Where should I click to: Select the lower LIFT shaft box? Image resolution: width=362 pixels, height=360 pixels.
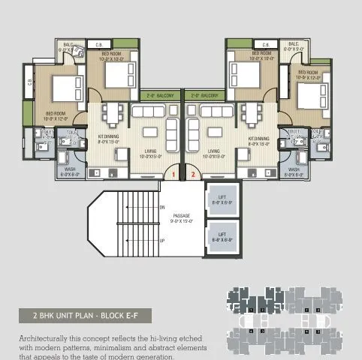coord(222,236)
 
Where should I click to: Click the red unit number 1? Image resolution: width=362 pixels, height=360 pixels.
coord(173,175)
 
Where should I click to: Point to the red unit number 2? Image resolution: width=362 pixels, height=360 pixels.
coord(193,175)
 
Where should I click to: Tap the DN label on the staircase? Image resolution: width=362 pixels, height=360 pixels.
coord(162,207)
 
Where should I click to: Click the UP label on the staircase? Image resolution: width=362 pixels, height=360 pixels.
coord(162,241)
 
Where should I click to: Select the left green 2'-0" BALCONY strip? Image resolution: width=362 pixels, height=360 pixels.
coord(160,96)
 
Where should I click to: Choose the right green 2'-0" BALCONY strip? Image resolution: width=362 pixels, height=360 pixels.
coord(204,96)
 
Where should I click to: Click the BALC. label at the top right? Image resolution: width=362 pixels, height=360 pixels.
coord(294,46)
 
